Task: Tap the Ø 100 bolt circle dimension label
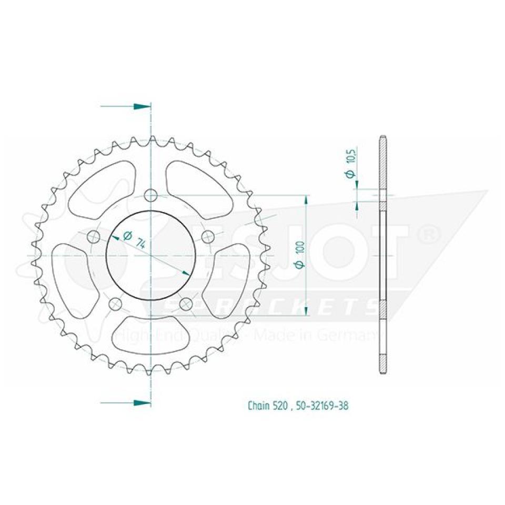[x=299, y=257]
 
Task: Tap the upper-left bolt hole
[x=95, y=235]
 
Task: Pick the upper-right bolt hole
[x=207, y=235]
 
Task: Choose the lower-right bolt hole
[x=186, y=304]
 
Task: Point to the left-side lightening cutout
[x=74, y=279]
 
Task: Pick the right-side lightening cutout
[x=229, y=279]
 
